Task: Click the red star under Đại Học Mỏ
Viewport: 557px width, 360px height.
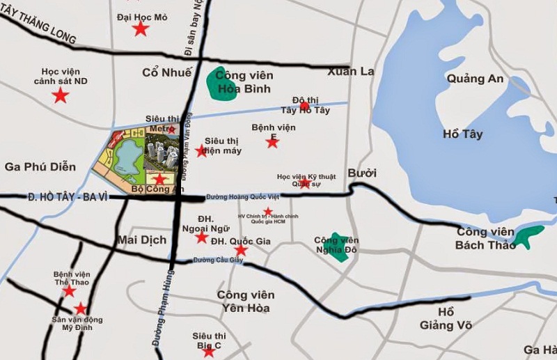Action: (x=141, y=29)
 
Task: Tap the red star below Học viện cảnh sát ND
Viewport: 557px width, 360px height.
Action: (x=61, y=95)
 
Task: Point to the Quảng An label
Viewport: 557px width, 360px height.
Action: (x=475, y=79)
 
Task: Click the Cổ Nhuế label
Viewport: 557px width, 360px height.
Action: (x=166, y=72)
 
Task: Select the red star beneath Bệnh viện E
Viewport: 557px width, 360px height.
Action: (x=272, y=142)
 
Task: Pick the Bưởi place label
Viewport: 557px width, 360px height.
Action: (x=362, y=173)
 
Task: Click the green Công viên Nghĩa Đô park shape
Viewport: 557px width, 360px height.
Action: (x=338, y=247)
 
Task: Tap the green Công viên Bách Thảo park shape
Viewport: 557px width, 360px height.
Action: (x=529, y=237)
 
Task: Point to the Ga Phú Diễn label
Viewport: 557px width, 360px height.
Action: (x=40, y=166)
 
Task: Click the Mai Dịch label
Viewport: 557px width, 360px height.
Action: (x=142, y=240)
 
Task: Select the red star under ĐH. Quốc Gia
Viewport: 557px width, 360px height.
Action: (x=240, y=250)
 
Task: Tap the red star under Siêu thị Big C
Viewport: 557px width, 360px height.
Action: (x=208, y=351)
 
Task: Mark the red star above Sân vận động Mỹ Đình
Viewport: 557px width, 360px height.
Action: (x=81, y=308)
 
